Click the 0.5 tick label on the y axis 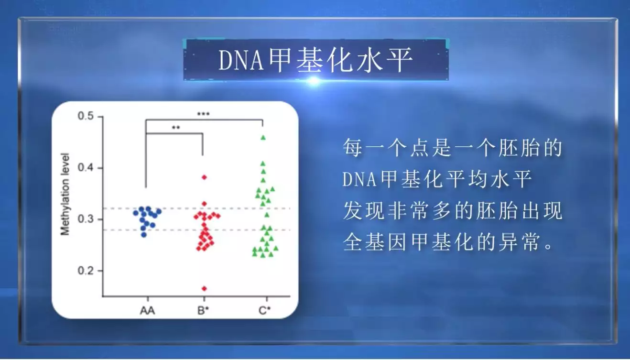point(86,116)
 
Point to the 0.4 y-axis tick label point(86,168)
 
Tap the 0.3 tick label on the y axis point(86,219)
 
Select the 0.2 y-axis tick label point(86,271)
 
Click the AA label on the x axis point(147,310)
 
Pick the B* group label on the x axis point(203,310)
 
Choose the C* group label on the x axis point(264,310)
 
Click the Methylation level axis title point(65,194)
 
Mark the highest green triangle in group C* point(263,138)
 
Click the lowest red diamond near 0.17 point(205,289)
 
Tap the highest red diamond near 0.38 point(205,177)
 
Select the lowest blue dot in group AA point(144,235)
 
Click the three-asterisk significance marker point(203,114)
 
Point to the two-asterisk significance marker point(176,128)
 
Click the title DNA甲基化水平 point(315,59)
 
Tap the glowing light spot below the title point(314,81)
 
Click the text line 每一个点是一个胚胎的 point(453,148)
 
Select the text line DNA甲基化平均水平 point(437,179)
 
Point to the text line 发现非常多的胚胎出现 point(453,210)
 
